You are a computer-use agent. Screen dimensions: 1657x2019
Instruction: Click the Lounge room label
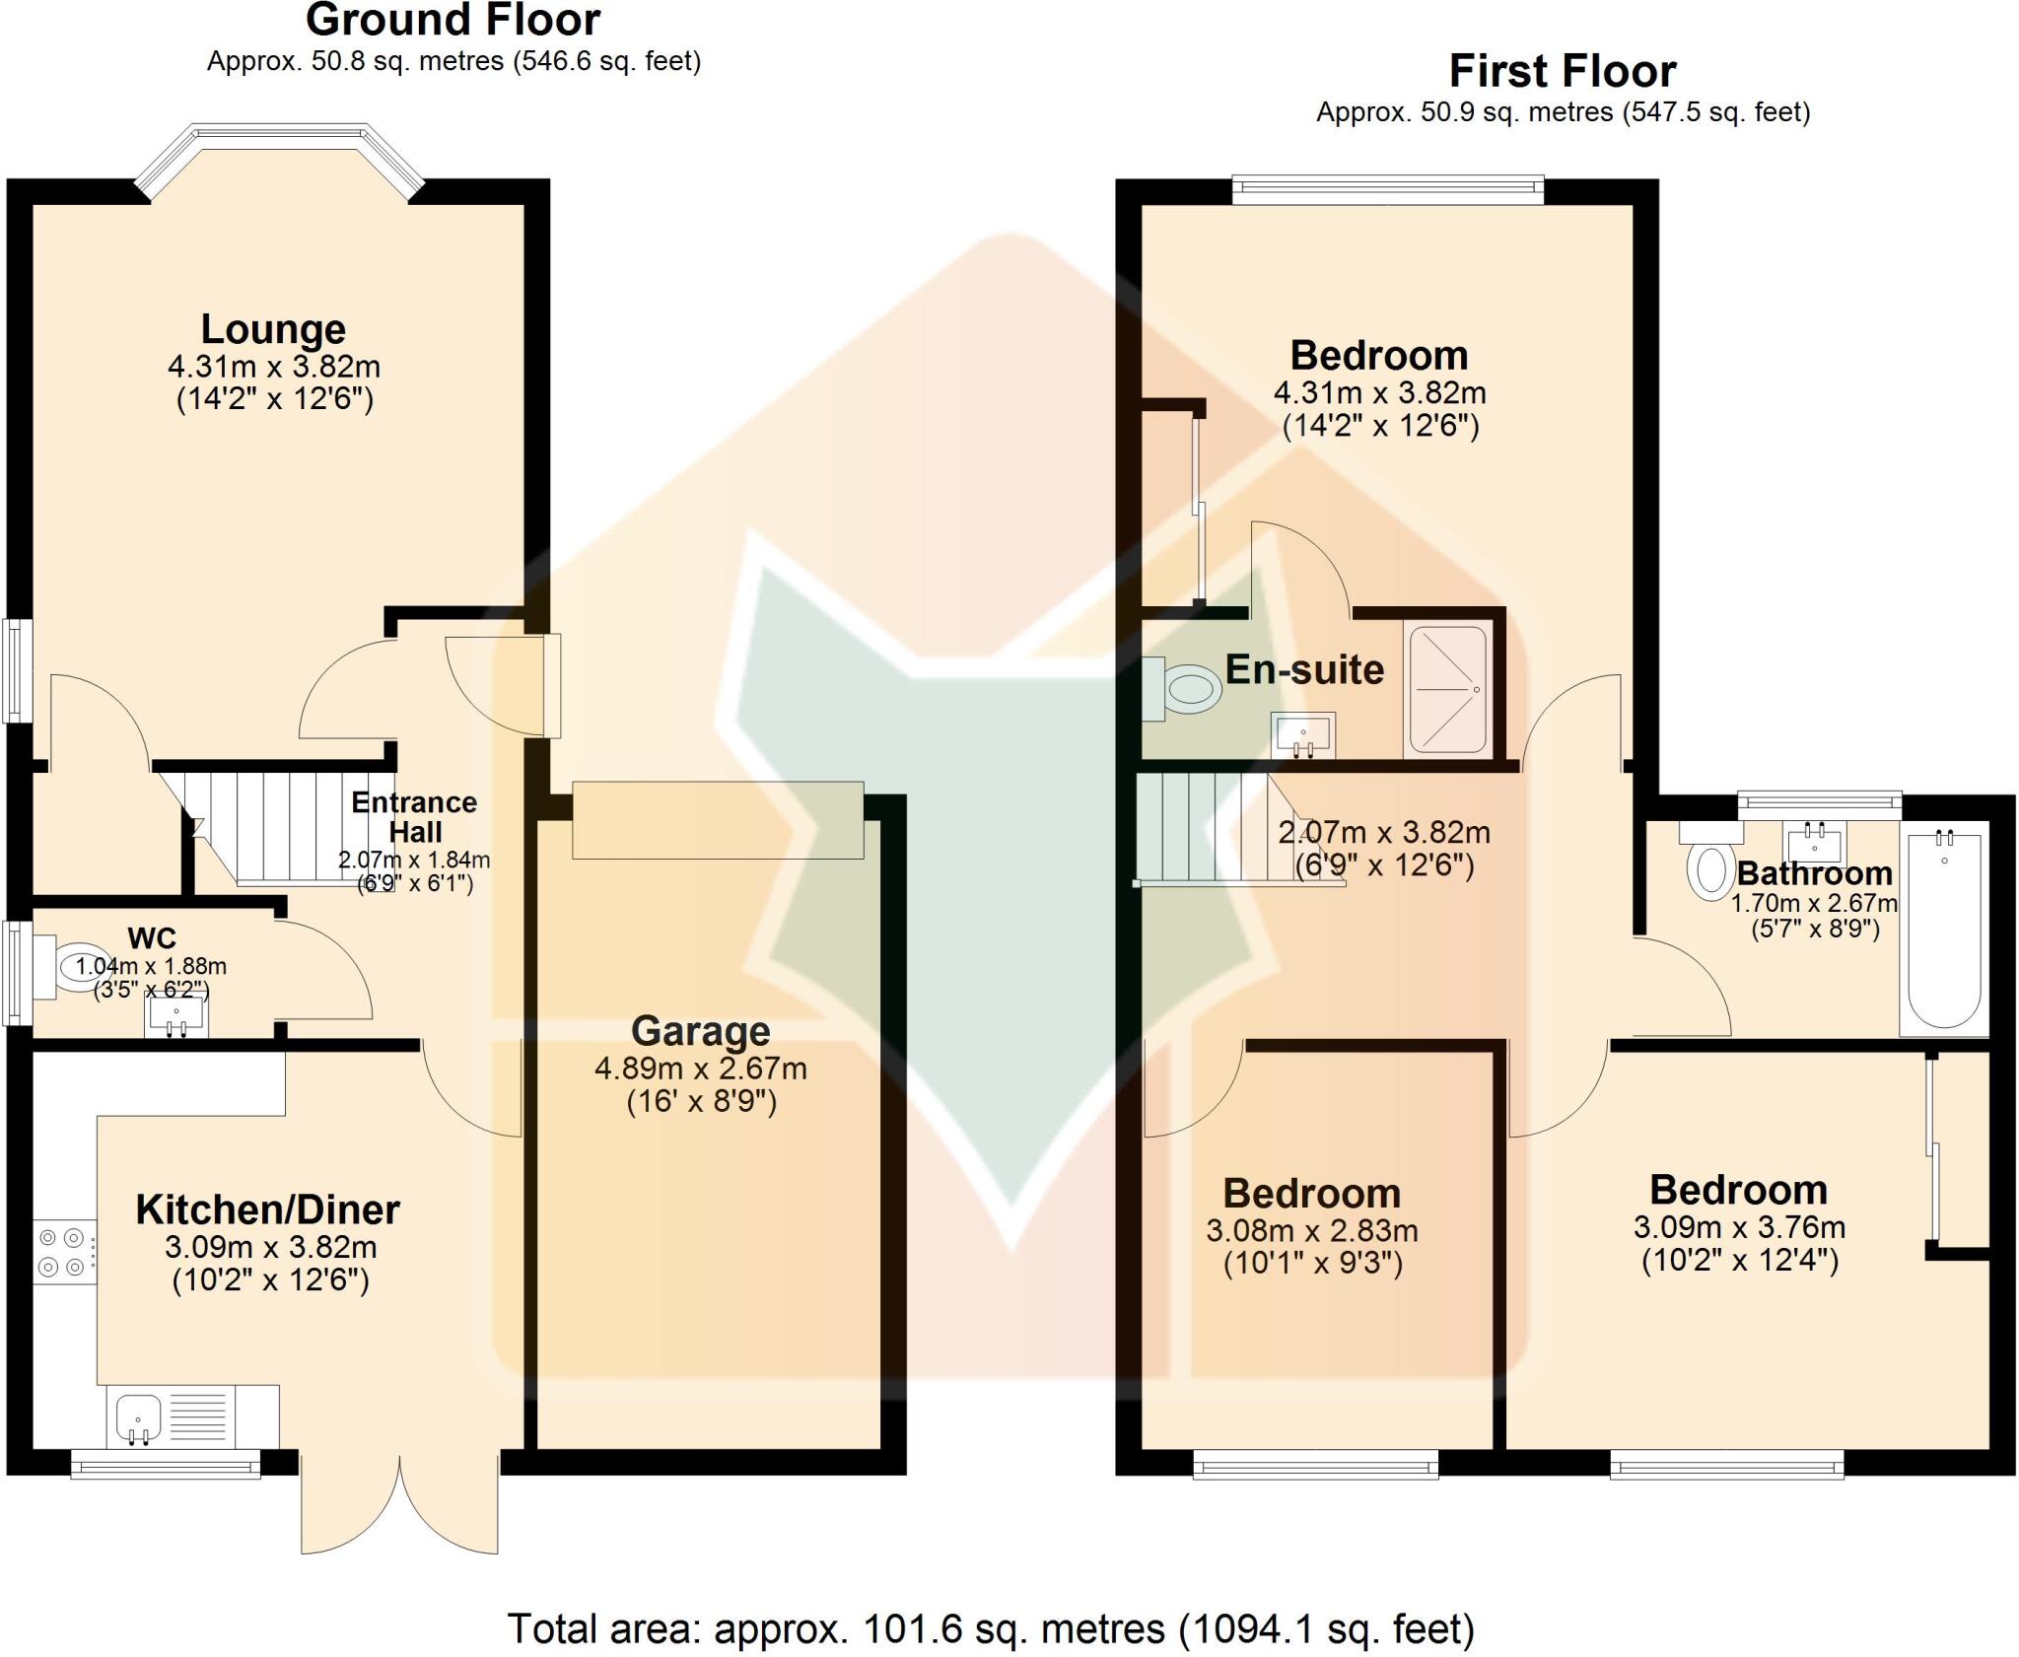tap(273, 328)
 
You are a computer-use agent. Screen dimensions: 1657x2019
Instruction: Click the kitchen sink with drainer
tap(173, 1416)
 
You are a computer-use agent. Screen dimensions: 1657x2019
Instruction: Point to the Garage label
tap(700, 1031)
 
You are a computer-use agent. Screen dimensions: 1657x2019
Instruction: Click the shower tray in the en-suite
tap(1447, 691)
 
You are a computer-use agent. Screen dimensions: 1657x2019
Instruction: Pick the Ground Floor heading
tap(453, 20)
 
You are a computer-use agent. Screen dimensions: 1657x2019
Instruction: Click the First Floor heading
tap(1562, 71)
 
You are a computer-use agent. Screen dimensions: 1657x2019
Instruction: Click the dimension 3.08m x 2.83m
tap(1311, 1230)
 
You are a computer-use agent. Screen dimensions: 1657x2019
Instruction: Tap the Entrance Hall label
tap(414, 816)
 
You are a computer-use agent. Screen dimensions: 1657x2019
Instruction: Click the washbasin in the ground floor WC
tap(176, 1016)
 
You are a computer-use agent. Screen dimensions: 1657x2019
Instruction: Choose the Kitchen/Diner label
tap(267, 1209)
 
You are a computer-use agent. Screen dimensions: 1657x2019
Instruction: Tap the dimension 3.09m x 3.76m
tap(1739, 1227)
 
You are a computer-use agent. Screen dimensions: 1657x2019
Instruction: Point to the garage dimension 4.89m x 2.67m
tap(700, 1069)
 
